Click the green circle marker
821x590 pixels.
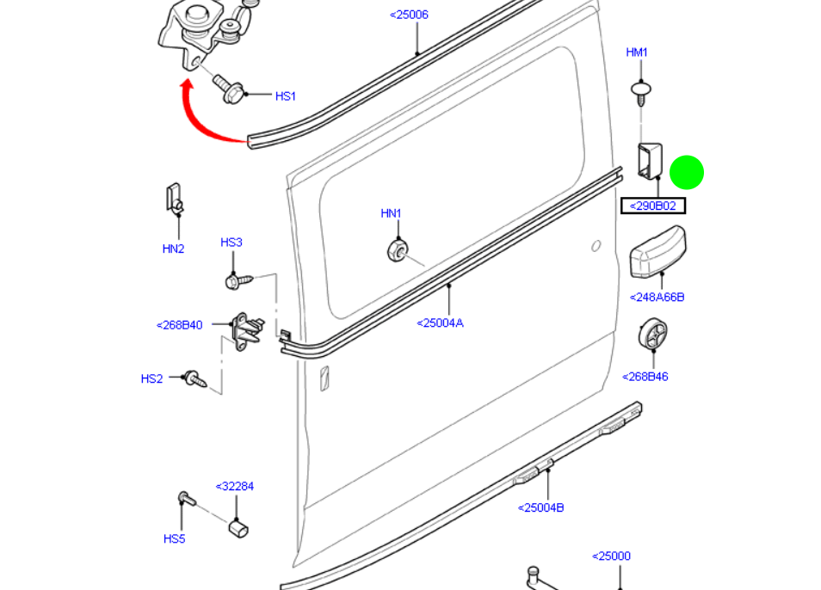coord(686,172)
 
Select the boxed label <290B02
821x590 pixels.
coord(653,206)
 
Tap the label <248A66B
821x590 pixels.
coord(657,298)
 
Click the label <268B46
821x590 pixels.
coord(645,377)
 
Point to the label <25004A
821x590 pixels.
coord(440,323)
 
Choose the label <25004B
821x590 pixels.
coord(540,507)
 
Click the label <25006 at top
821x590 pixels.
coord(409,15)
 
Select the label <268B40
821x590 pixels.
coord(180,325)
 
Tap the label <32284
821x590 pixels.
coord(234,486)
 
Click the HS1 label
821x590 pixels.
coord(286,96)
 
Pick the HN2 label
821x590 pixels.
coord(174,249)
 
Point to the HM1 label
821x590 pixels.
coord(637,52)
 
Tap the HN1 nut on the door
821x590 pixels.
coord(397,250)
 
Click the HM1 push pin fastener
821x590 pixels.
coord(640,91)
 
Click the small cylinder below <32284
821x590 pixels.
coord(238,526)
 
